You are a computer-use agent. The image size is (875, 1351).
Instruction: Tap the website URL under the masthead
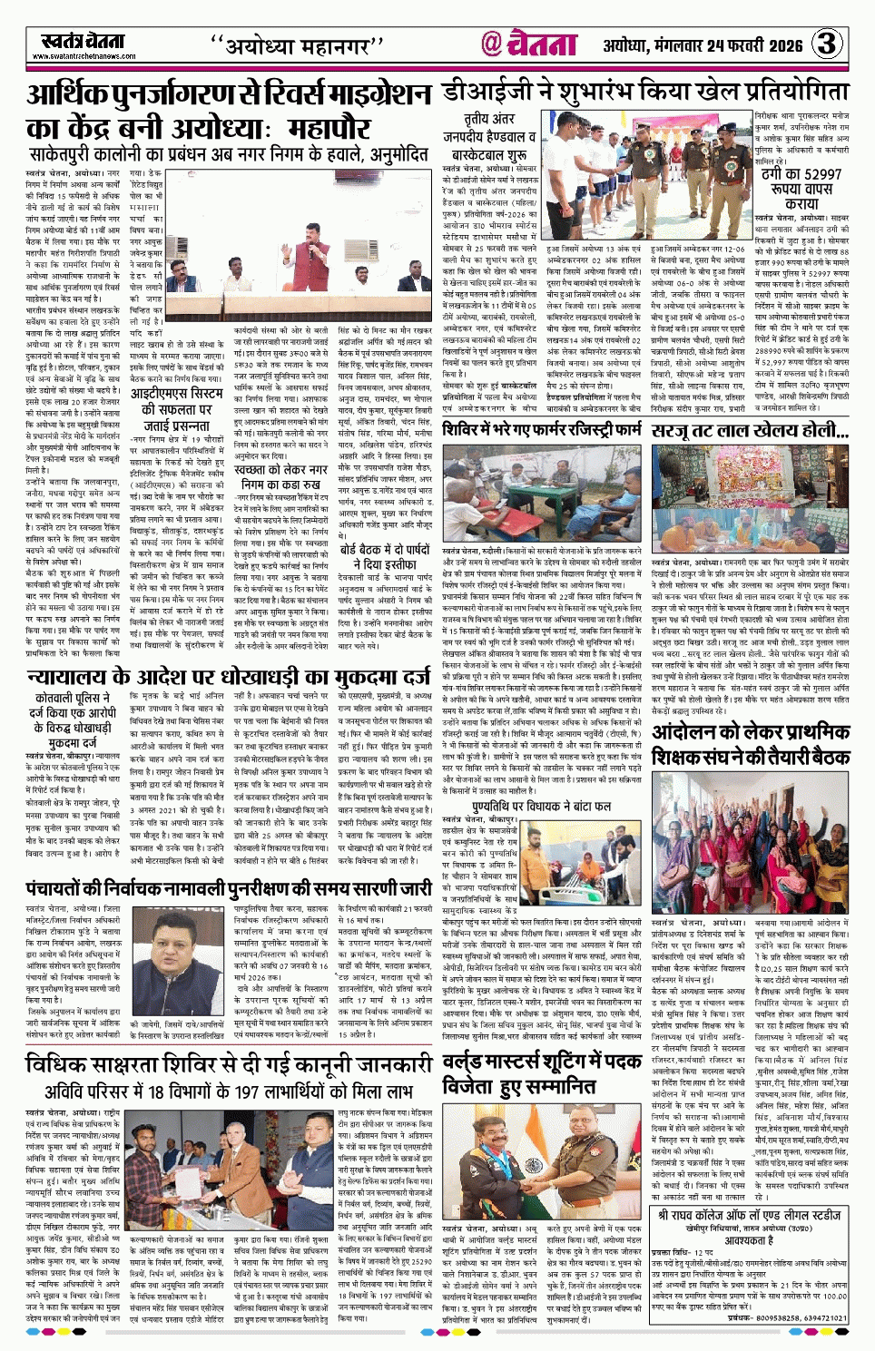tap(84, 56)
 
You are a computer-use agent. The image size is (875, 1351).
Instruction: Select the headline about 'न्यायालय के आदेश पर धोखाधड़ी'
tap(228, 651)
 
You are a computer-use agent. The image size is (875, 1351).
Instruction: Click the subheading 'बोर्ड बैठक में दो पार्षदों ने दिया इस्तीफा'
tap(384, 556)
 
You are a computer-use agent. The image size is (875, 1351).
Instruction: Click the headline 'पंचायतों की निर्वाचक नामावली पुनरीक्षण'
tap(228, 888)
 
